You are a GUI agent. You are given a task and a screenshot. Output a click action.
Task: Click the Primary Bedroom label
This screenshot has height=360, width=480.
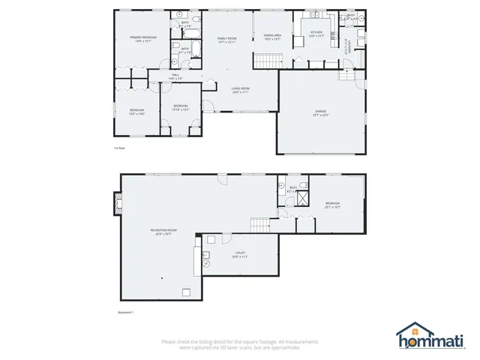point(142,39)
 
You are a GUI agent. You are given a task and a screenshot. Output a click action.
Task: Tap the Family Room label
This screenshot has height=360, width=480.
point(226,40)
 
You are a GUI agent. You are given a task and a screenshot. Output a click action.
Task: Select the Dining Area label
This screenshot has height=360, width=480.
point(272,37)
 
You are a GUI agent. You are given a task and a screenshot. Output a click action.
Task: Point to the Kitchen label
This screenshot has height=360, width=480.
point(317,34)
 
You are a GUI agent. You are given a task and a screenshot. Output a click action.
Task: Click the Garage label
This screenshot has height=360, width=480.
point(321,113)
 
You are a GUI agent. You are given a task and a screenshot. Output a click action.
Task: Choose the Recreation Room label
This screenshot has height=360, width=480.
point(163,232)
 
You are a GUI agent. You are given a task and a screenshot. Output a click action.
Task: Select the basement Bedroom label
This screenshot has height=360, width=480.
point(333,205)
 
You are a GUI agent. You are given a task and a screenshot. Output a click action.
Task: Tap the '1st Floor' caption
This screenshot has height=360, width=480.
point(118,149)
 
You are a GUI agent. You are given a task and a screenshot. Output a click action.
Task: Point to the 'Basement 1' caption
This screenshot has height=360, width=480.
point(126,311)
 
